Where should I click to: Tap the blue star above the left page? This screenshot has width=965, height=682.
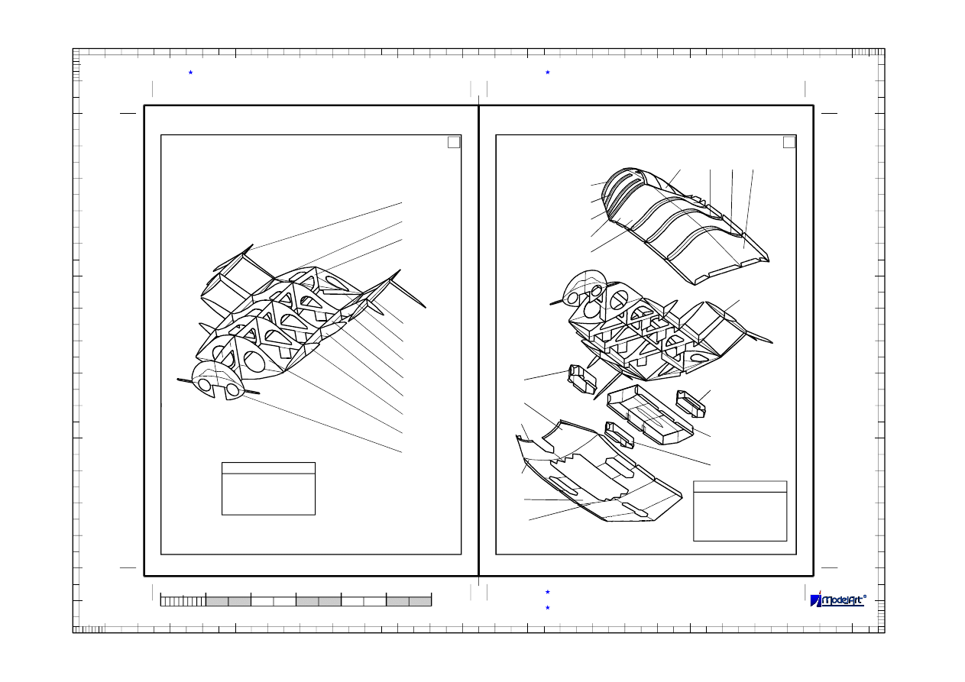coord(190,73)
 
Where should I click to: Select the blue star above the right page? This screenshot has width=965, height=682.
coord(548,73)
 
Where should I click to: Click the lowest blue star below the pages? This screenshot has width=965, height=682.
coord(548,607)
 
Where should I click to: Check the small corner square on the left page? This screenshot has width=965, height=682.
coord(454,142)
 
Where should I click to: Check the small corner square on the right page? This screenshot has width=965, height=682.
coord(789,142)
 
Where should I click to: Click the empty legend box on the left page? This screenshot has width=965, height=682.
coord(268,489)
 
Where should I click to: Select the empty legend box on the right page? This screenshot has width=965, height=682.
coord(740,511)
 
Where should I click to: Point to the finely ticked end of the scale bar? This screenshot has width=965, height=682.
coord(183,601)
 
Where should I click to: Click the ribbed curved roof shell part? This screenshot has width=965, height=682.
coord(685,226)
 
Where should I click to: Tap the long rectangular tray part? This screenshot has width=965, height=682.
coord(649,414)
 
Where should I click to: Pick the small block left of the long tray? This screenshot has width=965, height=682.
coord(582,379)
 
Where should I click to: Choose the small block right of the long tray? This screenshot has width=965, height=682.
coord(690,404)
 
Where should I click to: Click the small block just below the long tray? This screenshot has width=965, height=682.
coord(619,435)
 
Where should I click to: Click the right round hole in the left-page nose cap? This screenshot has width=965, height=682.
coord(232,389)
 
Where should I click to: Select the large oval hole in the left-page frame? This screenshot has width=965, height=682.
coord(254,361)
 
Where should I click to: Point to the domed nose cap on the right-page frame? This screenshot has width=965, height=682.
coord(584,288)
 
